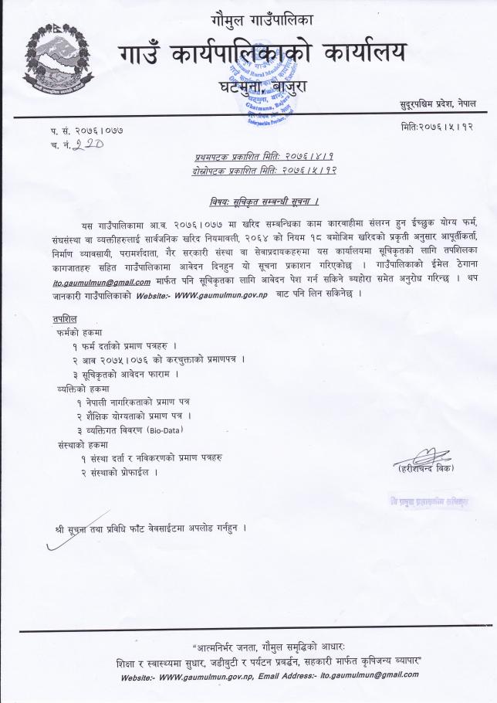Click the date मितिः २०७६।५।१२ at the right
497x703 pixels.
(x=438, y=126)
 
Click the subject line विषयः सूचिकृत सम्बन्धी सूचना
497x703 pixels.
(x=265, y=202)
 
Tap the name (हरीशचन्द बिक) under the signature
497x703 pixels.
(x=424, y=468)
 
